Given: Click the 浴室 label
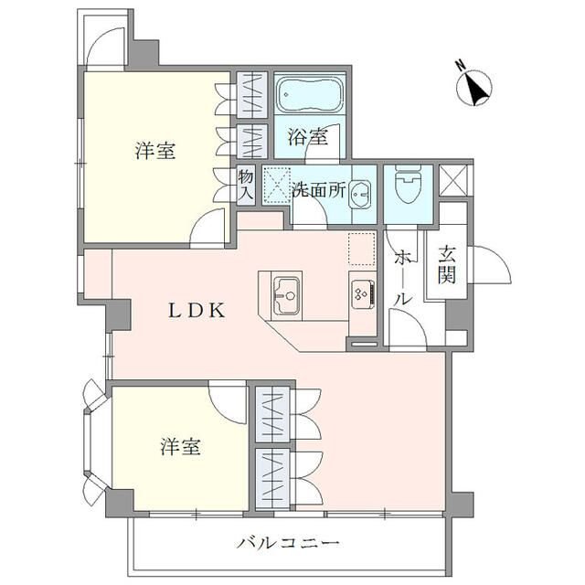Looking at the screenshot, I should [307, 138].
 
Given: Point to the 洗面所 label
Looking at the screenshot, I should [318, 191].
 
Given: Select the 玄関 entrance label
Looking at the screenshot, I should [446, 266].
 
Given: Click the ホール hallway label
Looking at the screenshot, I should [401, 280].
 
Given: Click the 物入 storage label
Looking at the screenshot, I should [246, 185].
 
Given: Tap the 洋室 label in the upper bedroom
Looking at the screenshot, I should [156, 152].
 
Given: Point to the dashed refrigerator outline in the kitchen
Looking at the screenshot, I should [361, 247].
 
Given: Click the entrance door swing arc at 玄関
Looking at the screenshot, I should [490, 265].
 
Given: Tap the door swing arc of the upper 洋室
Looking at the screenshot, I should [212, 227].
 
